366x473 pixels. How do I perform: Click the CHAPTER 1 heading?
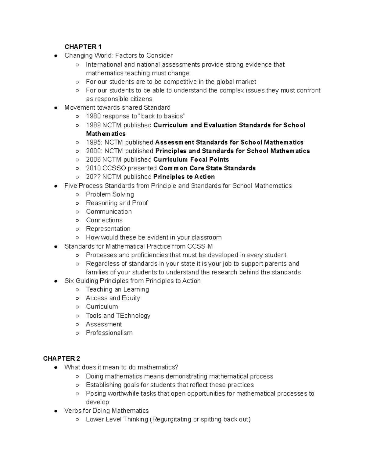coord(83,47)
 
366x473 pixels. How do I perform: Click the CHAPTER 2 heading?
coord(61,358)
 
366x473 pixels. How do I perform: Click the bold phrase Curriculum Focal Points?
coord(191,160)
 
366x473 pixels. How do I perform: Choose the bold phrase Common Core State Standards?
coord(207,168)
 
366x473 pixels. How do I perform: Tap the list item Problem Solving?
coord(110,194)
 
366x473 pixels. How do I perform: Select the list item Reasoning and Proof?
coord(117,203)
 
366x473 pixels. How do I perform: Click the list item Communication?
coord(109,211)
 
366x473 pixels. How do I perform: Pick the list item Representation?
coord(108,229)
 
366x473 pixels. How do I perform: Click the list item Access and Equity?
coord(113,298)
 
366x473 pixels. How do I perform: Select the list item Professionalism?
coord(109,333)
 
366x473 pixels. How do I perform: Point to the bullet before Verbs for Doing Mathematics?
coord(56,411)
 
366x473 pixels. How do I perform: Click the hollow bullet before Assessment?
coord(77,324)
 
